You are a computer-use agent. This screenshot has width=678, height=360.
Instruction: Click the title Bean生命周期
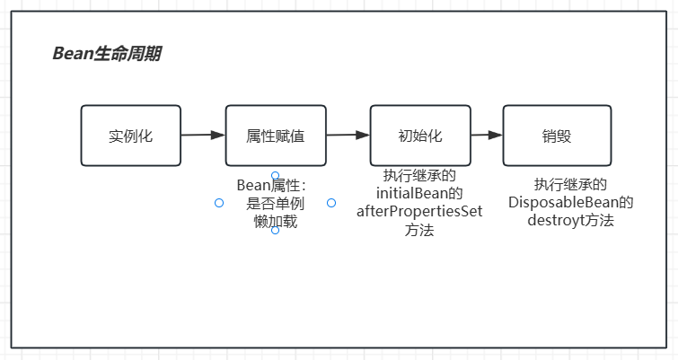[107, 54]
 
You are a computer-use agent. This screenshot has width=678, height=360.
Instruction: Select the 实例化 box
[131, 136]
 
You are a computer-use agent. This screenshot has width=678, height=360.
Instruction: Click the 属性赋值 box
[275, 136]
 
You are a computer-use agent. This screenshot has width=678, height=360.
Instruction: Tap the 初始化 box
[420, 136]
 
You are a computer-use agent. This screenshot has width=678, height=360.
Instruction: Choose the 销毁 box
[557, 136]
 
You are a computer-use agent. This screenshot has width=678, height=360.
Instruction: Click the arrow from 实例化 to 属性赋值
[203, 136]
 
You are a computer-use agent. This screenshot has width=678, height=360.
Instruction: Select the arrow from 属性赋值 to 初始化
[348, 136]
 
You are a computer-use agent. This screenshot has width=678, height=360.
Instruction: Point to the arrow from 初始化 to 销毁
[486, 136]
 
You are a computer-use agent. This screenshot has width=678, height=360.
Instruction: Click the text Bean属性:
[272, 185]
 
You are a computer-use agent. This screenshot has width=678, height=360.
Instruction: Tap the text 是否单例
[275, 203]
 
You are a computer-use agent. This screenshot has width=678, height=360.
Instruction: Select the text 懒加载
[275, 221]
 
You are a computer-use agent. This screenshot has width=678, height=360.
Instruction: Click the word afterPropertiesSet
[419, 212]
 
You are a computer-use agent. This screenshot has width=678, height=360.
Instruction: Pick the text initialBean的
[419, 193]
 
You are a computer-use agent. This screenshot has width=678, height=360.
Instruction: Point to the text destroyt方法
[570, 220]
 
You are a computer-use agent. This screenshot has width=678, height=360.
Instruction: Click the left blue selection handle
[219, 203]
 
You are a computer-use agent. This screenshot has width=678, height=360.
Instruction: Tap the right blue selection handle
[331, 203]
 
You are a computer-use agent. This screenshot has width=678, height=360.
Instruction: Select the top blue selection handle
[275, 175]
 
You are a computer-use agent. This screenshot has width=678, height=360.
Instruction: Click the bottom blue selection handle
[275, 231]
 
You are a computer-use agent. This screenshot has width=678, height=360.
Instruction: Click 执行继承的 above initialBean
[419, 175]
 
